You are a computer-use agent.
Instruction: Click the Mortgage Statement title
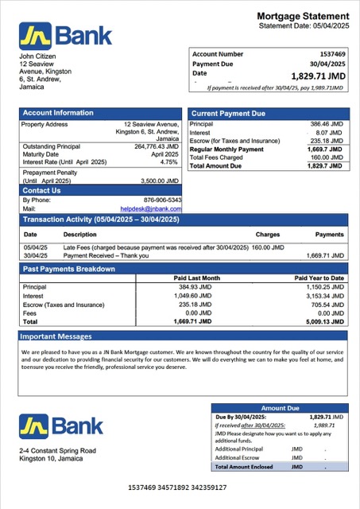point(303,17)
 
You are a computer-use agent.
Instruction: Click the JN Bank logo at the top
point(66,35)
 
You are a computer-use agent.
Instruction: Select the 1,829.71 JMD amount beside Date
point(318,76)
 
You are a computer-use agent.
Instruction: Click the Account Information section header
point(58,113)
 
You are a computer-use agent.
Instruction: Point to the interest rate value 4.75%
point(169,161)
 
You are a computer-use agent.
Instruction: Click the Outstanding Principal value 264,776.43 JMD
point(157,146)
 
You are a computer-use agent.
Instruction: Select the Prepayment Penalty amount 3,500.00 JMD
point(158,181)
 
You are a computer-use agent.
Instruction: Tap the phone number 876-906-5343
point(162,200)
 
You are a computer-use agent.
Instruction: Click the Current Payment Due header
point(229,114)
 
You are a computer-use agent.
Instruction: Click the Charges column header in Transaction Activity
point(268,235)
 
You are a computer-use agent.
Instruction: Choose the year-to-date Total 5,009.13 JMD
point(323,322)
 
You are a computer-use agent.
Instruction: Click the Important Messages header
point(57,336)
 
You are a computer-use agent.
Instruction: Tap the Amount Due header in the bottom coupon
point(279,408)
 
